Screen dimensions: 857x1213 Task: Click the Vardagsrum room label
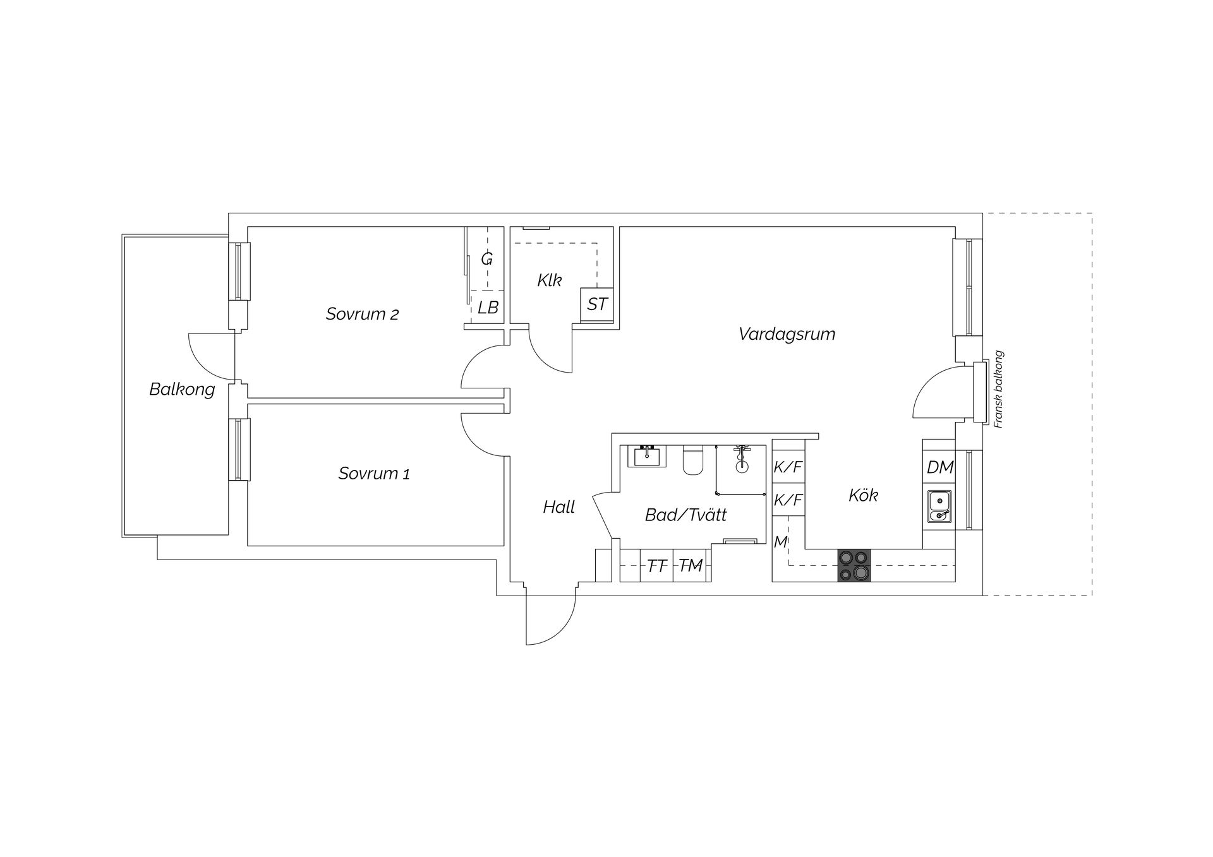click(787, 333)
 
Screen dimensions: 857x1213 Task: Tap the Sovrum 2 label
click(362, 314)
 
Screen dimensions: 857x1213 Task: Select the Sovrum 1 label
click(374, 473)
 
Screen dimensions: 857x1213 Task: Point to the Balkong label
click(182, 389)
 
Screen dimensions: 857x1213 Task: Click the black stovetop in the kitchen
click(854, 565)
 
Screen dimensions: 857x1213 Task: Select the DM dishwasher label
click(939, 467)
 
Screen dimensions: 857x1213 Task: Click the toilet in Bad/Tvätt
click(693, 460)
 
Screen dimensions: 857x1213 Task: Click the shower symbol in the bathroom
click(742, 459)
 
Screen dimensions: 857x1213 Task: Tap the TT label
click(657, 566)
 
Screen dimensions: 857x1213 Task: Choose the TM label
click(691, 565)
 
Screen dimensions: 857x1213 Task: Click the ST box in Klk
click(596, 304)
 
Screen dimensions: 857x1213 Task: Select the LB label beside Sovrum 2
click(488, 308)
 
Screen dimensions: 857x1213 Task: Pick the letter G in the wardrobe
click(486, 259)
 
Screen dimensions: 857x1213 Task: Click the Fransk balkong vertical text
click(998, 390)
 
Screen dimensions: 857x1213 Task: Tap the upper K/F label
click(788, 467)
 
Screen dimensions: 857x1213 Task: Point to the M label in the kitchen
click(781, 541)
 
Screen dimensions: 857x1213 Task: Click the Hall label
click(558, 507)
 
